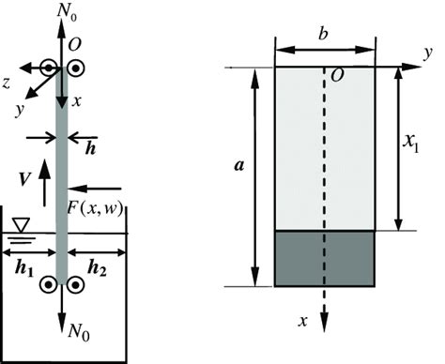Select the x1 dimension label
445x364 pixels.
tap(413, 145)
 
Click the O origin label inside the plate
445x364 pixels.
tap(335, 75)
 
